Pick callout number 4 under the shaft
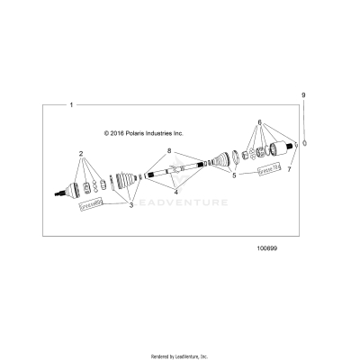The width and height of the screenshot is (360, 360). point(176,192)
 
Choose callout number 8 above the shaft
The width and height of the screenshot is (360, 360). point(168,149)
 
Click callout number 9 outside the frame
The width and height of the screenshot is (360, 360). point(304,94)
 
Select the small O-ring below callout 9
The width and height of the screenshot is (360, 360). point(305,142)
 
